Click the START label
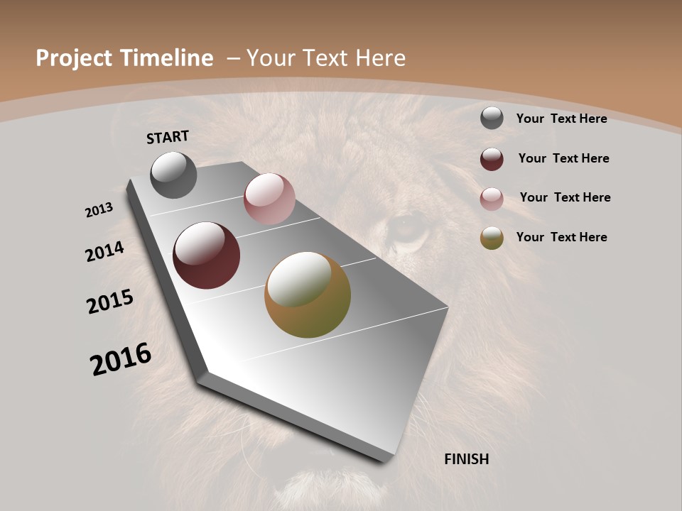(x=168, y=137)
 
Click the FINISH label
(x=466, y=459)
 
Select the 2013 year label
(x=99, y=210)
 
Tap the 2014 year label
(x=104, y=251)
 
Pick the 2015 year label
(x=110, y=302)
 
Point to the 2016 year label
(x=121, y=359)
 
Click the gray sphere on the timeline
(x=173, y=175)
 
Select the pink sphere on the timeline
(x=269, y=199)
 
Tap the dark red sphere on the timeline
(x=207, y=255)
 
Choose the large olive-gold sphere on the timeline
(x=308, y=295)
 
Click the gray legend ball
(x=492, y=119)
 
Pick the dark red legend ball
(x=492, y=159)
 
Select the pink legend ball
(x=492, y=199)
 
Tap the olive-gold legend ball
(x=492, y=238)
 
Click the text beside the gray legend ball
(x=561, y=119)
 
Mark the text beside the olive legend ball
(x=561, y=237)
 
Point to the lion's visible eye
(x=406, y=229)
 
